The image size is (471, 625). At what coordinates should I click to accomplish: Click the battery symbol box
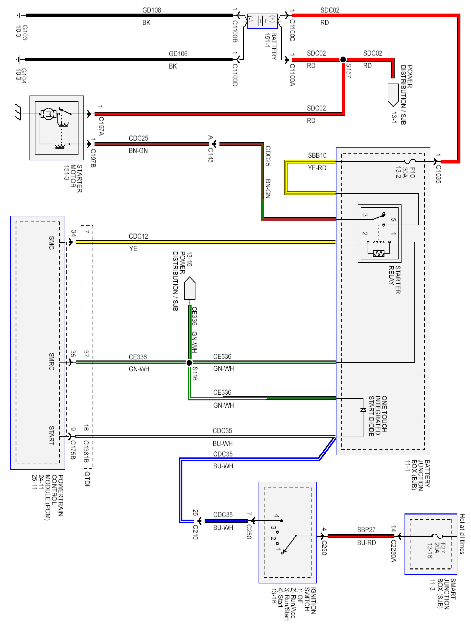tap(262, 21)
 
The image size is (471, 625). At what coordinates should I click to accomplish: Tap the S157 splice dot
tap(343, 60)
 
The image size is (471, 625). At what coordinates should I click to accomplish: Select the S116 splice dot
tap(189, 362)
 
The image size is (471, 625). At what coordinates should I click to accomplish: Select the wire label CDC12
tap(138, 236)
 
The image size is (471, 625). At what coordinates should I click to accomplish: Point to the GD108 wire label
tap(152, 10)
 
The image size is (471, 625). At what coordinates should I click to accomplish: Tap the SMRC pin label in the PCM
tap(51, 361)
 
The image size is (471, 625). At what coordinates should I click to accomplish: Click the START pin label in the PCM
tap(51, 435)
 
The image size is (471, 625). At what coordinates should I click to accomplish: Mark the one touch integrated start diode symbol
tap(363, 410)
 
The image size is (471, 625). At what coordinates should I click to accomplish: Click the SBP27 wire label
tap(366, 529)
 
